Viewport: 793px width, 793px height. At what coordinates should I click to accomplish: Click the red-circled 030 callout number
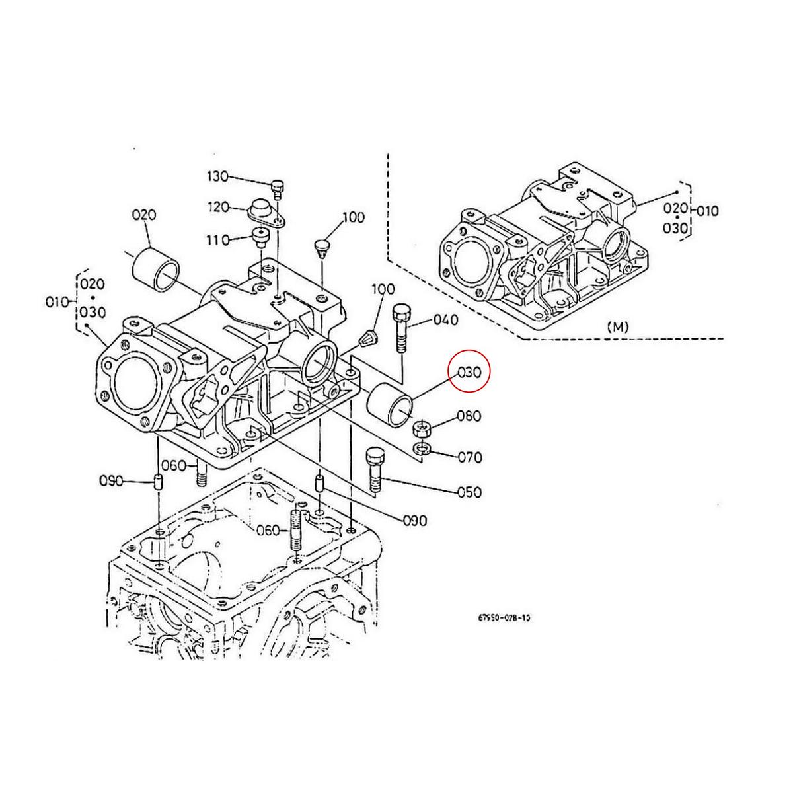point(469,372)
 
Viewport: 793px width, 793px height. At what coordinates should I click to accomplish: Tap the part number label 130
point(217,176)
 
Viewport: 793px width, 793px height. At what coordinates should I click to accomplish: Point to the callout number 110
point(217,239)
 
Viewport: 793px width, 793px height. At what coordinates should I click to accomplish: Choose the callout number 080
point(469,416)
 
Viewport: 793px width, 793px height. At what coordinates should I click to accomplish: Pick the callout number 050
point(469,492)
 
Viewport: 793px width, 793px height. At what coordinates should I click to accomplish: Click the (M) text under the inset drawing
point(618,326)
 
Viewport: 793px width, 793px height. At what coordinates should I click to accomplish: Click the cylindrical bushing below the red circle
point(391,404)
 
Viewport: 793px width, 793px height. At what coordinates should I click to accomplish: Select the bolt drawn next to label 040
point(402,328)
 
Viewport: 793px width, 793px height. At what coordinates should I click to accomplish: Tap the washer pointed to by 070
point(422,449)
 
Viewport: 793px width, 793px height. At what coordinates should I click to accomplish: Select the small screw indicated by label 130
point(277,188)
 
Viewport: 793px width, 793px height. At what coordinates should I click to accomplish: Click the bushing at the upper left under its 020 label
point(156,270)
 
